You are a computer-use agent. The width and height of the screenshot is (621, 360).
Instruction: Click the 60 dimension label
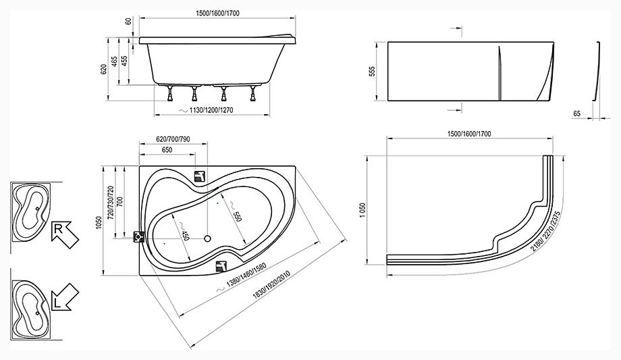(x=128, y=21)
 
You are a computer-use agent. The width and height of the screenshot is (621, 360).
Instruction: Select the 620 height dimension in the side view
(x=104, y=69)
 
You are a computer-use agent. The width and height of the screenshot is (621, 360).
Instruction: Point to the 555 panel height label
(x=372, y=72)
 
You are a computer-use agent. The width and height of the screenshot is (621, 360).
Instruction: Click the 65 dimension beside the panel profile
(x=576, y=113)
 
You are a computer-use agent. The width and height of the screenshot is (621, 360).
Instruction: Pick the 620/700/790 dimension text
(x=173, y=139)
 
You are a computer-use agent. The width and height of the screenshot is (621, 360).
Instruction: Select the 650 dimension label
(x=167, y=150)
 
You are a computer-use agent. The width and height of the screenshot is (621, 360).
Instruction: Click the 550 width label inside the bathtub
(x=236, y=217)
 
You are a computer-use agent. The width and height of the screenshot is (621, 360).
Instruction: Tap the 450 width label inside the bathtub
(x=184, y=235)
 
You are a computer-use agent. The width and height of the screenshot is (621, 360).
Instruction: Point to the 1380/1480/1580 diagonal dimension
(x=246, y=274)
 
